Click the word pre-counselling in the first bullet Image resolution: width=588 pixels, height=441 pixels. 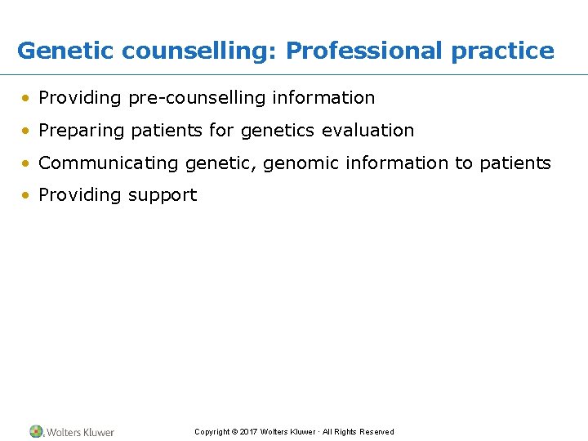[x=197, y=98]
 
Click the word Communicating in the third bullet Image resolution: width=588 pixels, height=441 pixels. [x=109, y=163]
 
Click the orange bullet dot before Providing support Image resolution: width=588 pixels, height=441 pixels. [x=28, y=195]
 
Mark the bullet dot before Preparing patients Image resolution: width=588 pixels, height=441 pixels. [x=28, y=131]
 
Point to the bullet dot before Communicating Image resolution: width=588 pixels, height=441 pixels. [x=28, y=163]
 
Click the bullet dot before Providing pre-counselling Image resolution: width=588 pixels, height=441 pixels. [x=28, y=98]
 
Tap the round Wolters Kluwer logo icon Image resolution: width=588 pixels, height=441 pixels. [x=36, y=431]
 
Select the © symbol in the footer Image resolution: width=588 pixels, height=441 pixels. [x=234, y=432]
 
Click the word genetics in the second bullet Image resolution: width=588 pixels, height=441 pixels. [x=278, y=131]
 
